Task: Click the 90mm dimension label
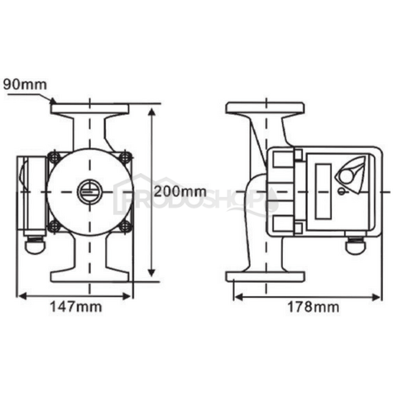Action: click(25, 84)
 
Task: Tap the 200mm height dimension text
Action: click(180, 191)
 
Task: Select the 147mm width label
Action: click(76, 307)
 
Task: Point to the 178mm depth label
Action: click(314, 307)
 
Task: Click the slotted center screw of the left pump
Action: click(89, 191)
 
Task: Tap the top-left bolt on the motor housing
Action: click(54, 157)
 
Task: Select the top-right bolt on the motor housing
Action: click(125, 157)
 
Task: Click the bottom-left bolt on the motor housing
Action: click(54, 226)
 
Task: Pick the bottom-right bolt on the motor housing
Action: click(125, 226)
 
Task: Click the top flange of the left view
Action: click(89, 108)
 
